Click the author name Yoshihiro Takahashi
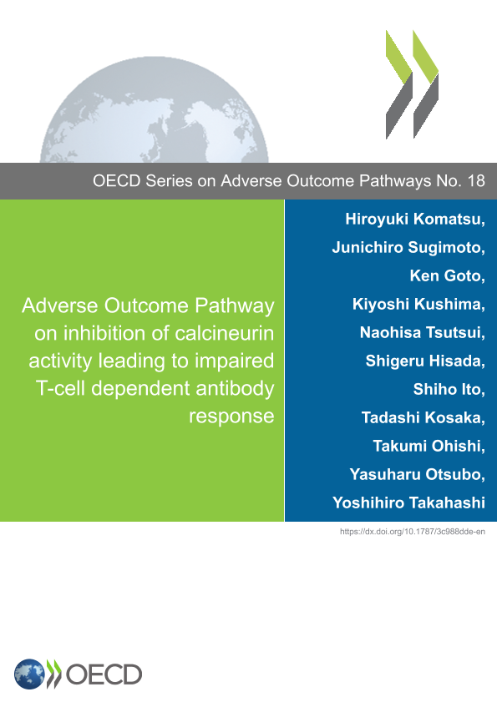click(x=408, y=503)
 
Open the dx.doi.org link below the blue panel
click(x=413, y=532)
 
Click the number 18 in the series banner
click(x=476, y=181)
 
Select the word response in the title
click(x=231, y=417)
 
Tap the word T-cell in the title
click(x=60, y=388)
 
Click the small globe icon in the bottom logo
click(x=29, y=674)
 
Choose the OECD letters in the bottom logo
click(x=104, y=674)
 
